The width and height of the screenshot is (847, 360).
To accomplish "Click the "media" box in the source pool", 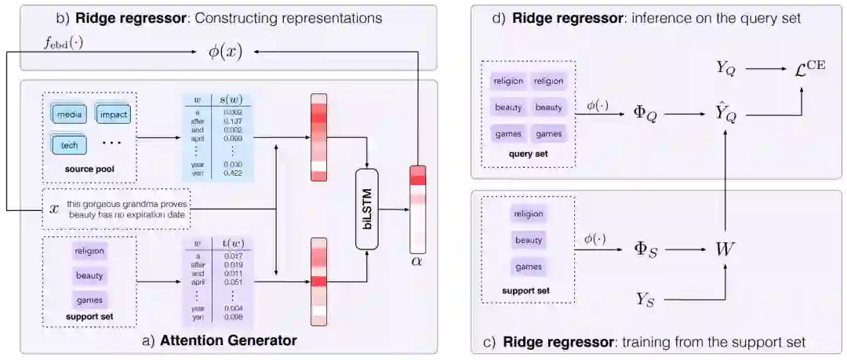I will (x=70, y=115).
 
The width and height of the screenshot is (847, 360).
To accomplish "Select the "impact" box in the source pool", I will (x=113, y=115).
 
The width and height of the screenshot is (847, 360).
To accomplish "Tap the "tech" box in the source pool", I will (x=69, y=145).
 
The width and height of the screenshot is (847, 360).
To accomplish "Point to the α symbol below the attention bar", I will (x=416, y=260).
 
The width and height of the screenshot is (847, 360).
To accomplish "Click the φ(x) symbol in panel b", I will (x=225, y=52).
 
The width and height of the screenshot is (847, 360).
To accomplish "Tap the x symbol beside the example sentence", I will (x=54, y=209).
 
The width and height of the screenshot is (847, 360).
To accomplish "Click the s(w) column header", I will (x=228, y=100).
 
